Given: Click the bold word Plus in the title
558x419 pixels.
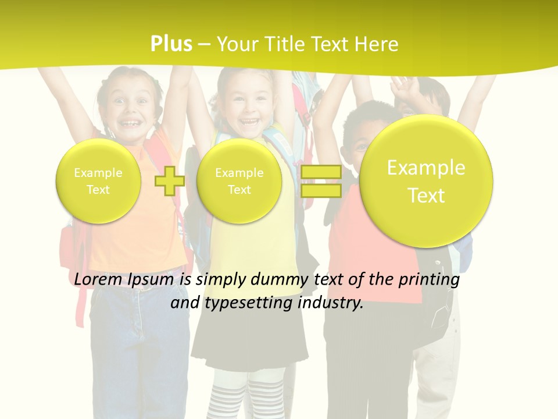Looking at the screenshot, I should tap(171, 44).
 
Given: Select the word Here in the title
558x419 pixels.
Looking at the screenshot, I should tap(377, 44).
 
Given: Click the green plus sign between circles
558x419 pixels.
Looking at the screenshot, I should tap(170, 181).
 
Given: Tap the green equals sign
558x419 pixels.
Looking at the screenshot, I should tap(321, 181).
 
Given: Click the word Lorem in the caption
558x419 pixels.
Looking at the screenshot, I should tap(98, 279).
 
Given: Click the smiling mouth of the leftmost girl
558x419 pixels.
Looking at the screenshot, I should tap(131, 123).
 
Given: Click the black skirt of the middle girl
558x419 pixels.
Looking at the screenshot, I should tap(250, 343).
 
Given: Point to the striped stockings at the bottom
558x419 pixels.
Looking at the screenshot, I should tap(250, 396).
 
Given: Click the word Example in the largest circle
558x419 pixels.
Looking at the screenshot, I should tap(426, 168).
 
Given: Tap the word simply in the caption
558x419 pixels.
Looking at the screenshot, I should tap(221, 280).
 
